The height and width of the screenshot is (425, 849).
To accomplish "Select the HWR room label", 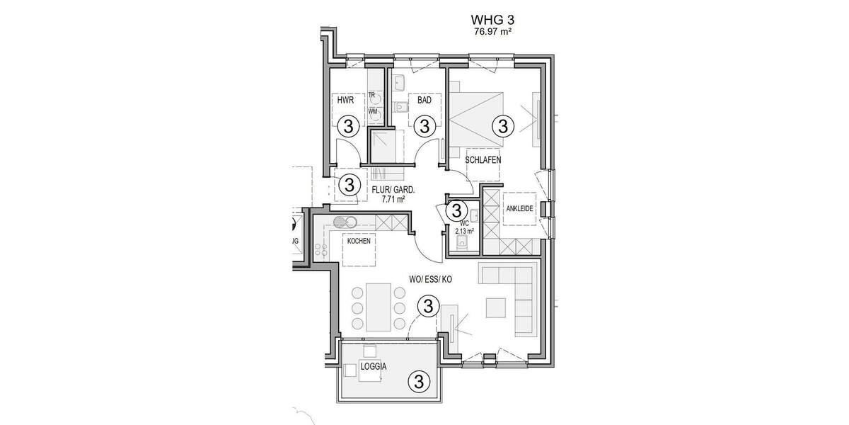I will [x=345, y=101].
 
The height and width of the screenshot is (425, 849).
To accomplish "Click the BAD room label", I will [x=424, y=101].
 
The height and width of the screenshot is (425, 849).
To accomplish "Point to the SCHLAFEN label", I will [x=483, y=160].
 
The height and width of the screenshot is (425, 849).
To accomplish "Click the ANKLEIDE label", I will [x=519, y=209].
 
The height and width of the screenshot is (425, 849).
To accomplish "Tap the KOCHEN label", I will [x=359, y=242].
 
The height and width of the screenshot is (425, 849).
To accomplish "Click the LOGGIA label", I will [x=372, y=368].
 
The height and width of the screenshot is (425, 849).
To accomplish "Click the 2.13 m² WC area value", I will [x=464, y=230].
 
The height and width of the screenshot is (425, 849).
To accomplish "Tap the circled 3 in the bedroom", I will [x=502, y=127].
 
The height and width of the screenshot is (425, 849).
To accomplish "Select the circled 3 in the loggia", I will [x=418, y=382].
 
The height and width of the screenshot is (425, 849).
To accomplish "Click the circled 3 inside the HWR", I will [x=347, y=127].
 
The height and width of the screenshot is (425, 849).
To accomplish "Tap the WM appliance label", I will [x=372, y=111].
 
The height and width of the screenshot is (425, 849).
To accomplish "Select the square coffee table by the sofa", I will [x=496, y=307].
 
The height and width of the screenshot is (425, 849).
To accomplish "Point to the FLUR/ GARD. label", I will [x=393, y=190].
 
